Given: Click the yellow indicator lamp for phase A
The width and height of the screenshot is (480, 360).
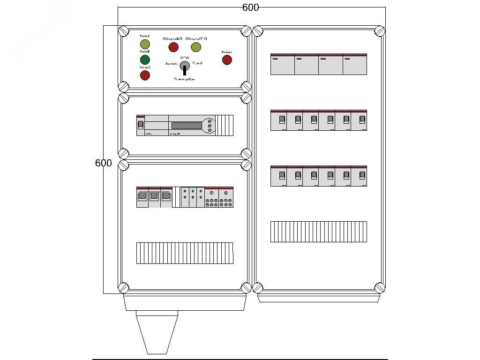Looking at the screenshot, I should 145,45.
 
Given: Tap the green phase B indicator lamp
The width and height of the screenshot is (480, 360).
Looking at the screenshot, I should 145,60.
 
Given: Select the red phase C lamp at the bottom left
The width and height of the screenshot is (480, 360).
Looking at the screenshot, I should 145,75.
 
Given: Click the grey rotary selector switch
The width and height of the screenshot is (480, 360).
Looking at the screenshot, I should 185,66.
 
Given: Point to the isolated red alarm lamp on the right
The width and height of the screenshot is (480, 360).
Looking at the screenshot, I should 227,60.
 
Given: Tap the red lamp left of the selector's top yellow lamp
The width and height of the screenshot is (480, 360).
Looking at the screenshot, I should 173,47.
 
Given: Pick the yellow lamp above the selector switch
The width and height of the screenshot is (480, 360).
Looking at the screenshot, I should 196,47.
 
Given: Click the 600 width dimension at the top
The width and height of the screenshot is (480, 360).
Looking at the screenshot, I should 250,7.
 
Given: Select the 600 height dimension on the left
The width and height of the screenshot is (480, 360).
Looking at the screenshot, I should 103,163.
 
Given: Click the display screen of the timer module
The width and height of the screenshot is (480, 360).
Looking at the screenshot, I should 186,125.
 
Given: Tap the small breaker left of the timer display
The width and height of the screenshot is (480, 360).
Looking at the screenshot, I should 140,125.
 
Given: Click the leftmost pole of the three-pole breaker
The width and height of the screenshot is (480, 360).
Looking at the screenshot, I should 142,197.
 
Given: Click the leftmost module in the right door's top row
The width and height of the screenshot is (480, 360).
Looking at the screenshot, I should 283,64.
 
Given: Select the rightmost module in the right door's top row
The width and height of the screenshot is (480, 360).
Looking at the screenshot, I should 355,64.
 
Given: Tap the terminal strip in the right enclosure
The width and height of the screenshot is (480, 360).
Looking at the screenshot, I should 319,232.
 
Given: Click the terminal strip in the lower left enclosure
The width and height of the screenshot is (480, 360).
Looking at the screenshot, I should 185,253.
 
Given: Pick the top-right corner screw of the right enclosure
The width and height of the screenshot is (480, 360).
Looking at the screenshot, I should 380,31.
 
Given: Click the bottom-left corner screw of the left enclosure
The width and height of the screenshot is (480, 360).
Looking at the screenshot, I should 123,287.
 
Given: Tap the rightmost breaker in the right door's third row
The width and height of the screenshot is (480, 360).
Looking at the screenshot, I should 359,176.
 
